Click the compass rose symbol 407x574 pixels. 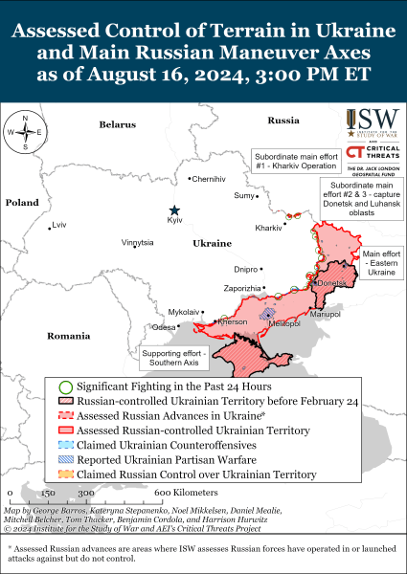25,133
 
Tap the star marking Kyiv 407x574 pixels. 174,210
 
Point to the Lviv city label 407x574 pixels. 60,225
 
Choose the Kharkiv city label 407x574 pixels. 268,228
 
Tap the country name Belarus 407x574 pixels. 119,125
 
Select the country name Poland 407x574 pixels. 20,203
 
